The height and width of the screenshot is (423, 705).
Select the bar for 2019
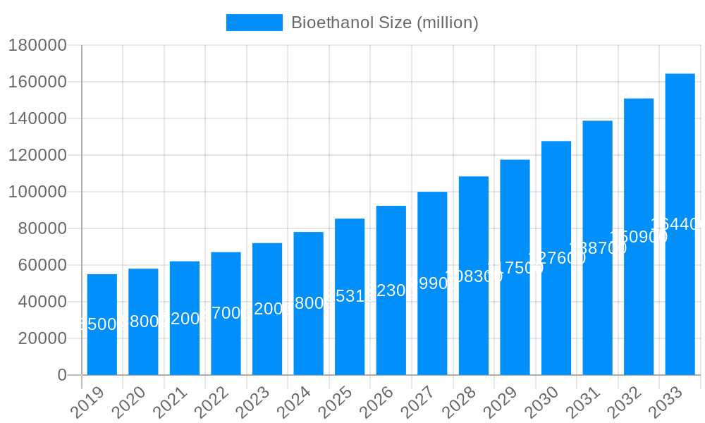click(x=102, y=324)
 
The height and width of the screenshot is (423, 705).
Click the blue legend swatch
click(x=254, y=23)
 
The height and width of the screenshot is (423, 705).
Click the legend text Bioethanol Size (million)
click(x=384, y=23)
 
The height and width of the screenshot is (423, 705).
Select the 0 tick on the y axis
click(x=62, y=375)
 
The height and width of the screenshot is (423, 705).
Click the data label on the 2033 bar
click(x=678, y=224)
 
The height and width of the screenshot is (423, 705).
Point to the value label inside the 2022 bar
click(x=226, y=313)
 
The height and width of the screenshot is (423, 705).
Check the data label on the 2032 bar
click(x=638, y=237)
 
